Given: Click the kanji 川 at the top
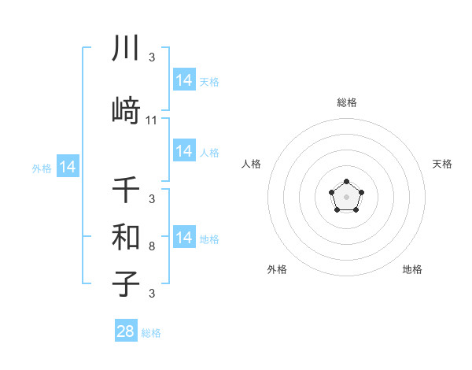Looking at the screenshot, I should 126,49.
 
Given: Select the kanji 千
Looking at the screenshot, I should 126,191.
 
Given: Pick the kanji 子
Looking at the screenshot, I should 126,283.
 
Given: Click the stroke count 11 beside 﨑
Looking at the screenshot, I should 152,120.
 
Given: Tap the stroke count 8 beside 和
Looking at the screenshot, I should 152,246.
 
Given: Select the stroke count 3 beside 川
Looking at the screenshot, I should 152,58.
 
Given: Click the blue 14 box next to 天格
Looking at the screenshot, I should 184,80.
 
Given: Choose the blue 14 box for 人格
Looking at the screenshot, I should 184,151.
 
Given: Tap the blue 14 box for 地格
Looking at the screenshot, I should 184,238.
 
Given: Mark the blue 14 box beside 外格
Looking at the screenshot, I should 67,167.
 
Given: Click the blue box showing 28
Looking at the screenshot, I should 126,331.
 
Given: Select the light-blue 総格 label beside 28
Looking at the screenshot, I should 151,333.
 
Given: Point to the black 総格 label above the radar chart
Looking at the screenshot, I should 346,102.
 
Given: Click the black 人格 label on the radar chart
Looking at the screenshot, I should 251,164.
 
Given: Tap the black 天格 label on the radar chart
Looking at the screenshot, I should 442,164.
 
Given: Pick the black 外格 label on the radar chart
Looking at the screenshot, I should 277,269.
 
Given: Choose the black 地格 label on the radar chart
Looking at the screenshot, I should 412,269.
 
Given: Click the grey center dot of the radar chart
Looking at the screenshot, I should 346,196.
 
